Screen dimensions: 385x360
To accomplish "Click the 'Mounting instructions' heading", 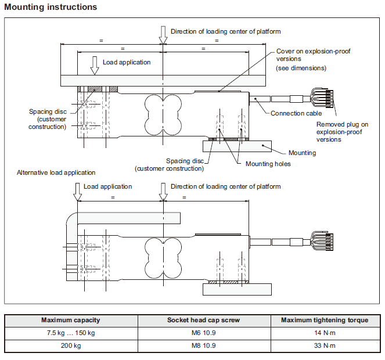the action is click(51, 7).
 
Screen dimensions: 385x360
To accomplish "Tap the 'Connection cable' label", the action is click(296, 113).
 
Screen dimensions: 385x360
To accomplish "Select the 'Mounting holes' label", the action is click(268, 164).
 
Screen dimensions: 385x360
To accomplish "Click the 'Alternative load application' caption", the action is click(56, 172).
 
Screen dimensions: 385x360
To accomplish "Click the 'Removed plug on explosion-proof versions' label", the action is click(342, 132).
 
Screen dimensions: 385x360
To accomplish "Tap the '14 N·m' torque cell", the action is click(325, 333).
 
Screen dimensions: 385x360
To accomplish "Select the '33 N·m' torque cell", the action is click(325, 345).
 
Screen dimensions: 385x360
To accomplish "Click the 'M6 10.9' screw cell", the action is click(204, 333).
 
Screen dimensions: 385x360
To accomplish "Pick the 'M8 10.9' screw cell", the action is click(204, 345).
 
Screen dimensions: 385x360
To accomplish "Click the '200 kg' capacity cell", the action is click(71, 345).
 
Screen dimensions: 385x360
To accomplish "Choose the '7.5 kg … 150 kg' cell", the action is click(71, 333).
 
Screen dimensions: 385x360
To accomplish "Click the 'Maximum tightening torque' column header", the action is click(325, 320).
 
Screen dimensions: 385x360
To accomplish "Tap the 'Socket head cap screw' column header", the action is click(204, 320).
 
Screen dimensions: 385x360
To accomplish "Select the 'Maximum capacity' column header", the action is click(71, 320).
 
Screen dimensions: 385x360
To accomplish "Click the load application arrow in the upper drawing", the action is click(95, 66).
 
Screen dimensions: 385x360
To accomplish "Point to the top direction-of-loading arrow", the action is click(163, 35).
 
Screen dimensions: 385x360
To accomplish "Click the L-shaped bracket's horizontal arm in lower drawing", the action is click(129, 218).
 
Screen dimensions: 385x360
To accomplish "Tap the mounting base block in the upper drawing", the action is click(237, 146).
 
